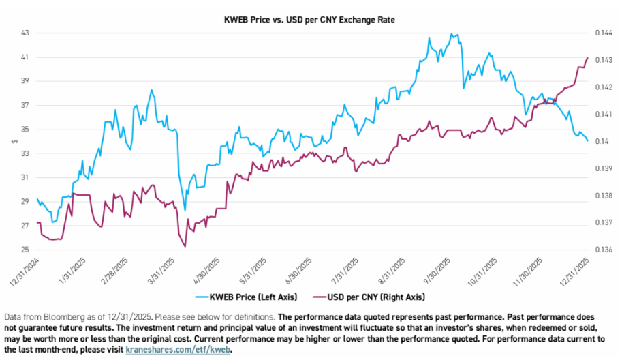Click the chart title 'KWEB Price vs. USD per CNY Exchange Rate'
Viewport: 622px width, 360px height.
pos(311,20)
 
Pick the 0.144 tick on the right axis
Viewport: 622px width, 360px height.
pos(602,33)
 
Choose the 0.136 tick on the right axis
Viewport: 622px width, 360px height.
pos(602,250)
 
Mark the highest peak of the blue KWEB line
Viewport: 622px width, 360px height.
pos(451,33)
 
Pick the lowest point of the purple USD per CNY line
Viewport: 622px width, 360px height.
pos(185,246)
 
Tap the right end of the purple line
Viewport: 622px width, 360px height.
pos(587,58)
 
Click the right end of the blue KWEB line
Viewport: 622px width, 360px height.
pos(588,140)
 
